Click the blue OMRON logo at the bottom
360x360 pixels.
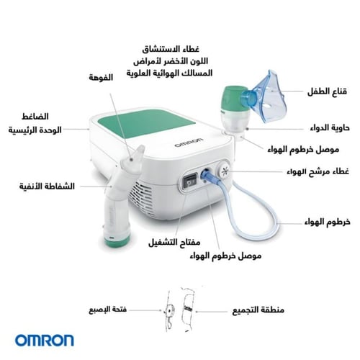point(45,341)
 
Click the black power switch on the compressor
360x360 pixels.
point(190,182)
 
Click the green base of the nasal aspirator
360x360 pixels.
point(117,240)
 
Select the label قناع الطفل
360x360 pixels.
point(327,91)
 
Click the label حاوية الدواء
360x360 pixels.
point(330,127)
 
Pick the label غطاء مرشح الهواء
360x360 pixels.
point(318,171)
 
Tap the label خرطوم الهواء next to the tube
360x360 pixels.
point(328,222)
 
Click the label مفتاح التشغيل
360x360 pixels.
point(174,242)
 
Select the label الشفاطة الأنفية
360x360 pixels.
point(47,186)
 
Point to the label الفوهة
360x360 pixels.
point(101,78)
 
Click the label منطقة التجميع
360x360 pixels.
point(258,310)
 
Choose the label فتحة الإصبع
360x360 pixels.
point(108,310)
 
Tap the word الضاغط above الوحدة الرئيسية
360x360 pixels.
point(35,117)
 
